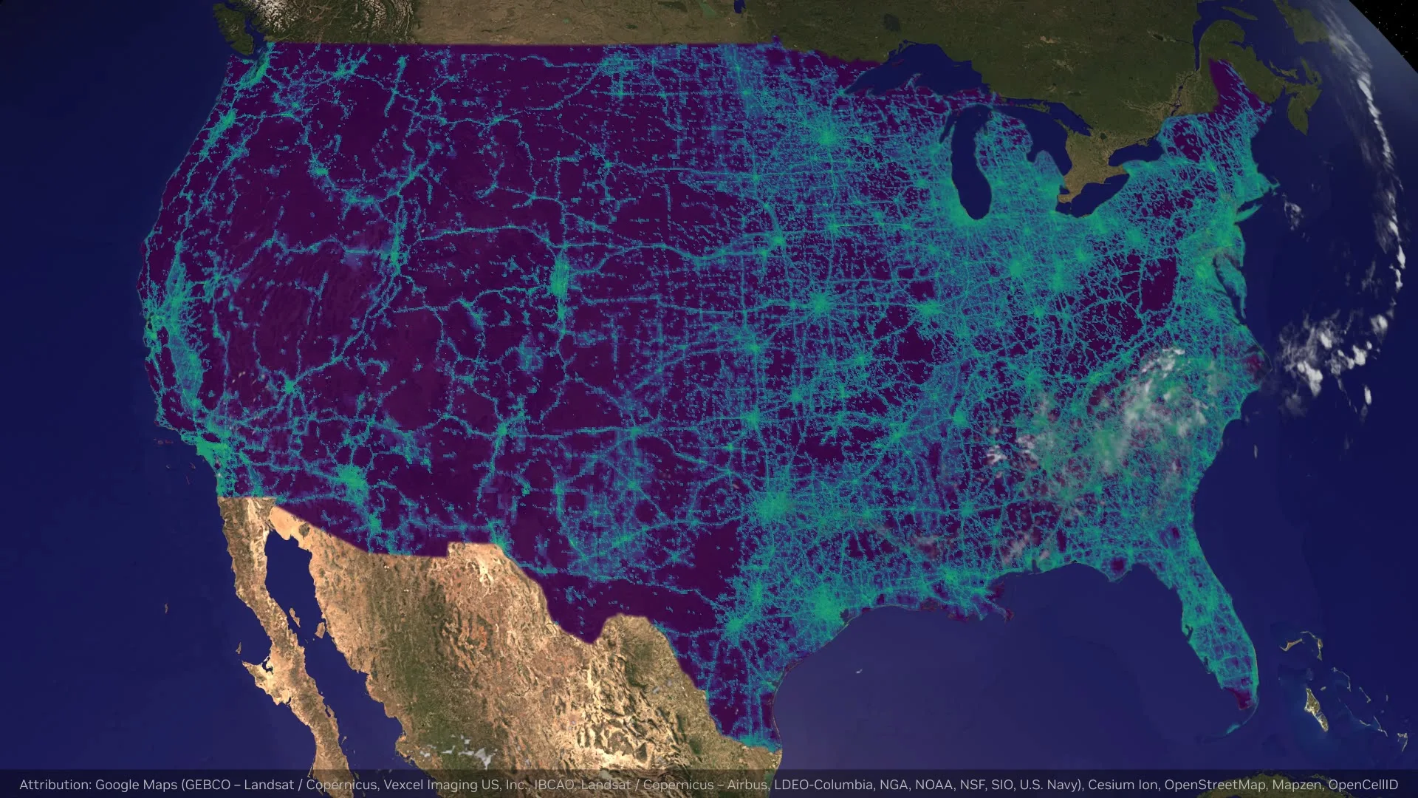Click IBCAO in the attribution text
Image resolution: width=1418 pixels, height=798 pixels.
tap(554, 785)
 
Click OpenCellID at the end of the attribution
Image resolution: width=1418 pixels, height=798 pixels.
tap(1363, 785)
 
